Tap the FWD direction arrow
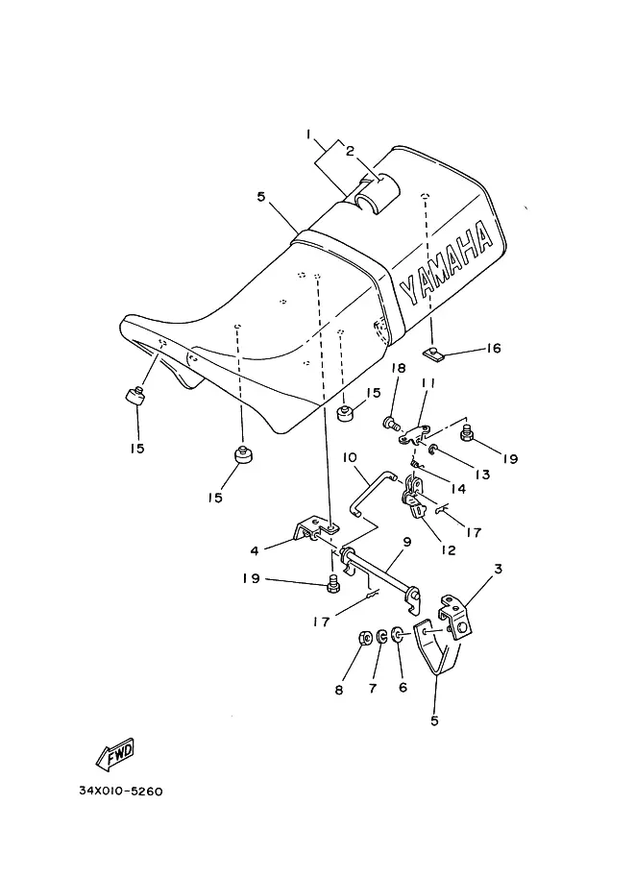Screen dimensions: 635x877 click(115, 753)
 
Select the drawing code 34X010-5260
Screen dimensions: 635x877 click(121, 792)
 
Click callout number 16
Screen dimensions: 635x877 click(494, 349)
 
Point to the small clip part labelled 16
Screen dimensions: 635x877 click(431, 353)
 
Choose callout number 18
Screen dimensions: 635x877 click(399, 368)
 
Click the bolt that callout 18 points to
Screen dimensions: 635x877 click(392, 424)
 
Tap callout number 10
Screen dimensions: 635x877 click(350, 457)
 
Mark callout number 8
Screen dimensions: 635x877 click(338, 691)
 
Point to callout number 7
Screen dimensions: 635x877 click(373, 689)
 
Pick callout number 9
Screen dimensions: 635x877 click(406, 542)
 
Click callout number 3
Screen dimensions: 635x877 click(498, 569)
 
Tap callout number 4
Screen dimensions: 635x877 click(255, 551)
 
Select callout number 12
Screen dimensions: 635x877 click(448, 550)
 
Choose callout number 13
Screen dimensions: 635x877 click(482, 475)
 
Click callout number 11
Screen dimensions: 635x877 click(428, 382)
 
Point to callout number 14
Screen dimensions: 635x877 click(458, 489)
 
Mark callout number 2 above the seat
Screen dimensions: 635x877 click(350, 151)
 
